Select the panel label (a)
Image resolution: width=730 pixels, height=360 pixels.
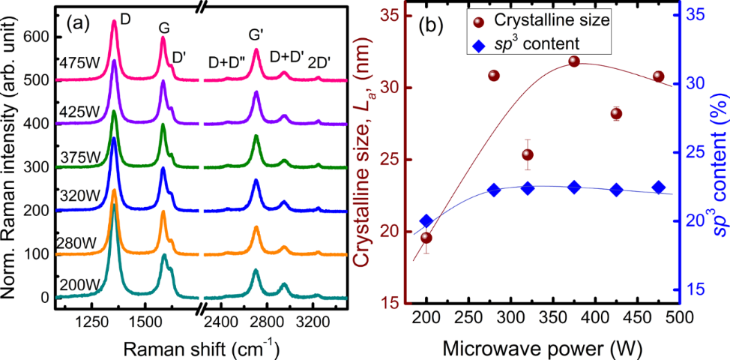(79, 24)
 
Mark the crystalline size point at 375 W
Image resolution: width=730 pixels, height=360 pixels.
(574, 61)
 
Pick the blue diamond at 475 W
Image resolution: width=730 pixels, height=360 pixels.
(659, 187)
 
